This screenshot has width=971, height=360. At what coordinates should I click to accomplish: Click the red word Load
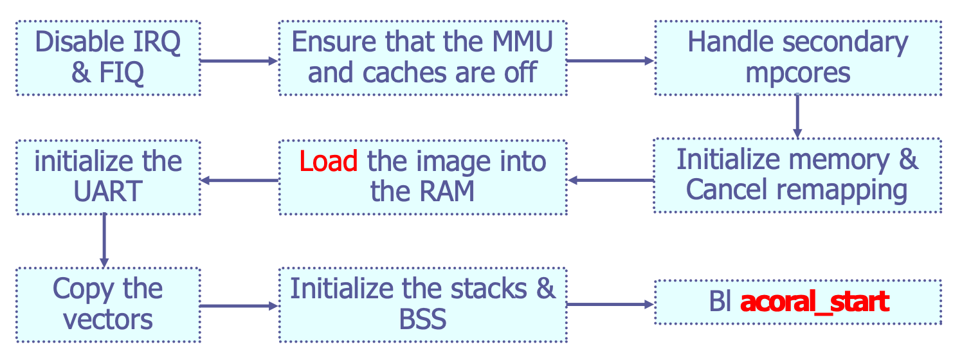(x=328, y=161)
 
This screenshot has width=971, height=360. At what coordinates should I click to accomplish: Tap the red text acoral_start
(x=815, y=302)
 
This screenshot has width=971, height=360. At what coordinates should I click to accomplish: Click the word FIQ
(x=122, y=73)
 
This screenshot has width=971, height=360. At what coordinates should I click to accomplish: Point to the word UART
(x=108, y=191)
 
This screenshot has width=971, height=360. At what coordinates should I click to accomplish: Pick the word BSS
(x=422, y=319)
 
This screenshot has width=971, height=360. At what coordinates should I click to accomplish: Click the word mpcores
(x=797, y=73)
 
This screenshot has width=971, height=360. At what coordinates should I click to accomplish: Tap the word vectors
(x=108, y=319)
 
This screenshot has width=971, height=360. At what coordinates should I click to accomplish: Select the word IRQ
(x=157, y=42)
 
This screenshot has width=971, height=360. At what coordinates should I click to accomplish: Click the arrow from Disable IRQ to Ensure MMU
(x=239, y=61)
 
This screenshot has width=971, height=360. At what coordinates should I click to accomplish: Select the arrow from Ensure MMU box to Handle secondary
(x=610, y=61)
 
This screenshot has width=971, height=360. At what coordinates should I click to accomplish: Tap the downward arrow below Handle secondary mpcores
(x=797, y=116)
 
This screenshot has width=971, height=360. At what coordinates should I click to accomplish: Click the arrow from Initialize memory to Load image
(x=611, y=180)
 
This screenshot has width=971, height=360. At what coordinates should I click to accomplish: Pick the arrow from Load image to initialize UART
(x=240, y=180)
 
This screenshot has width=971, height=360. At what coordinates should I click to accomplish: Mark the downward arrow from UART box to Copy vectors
(x=104, y=240)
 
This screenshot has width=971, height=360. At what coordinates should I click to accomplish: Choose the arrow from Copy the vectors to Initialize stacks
(x=239, y=306)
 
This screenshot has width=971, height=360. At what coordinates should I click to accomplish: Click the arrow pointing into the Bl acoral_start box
(x=610, y=305)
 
